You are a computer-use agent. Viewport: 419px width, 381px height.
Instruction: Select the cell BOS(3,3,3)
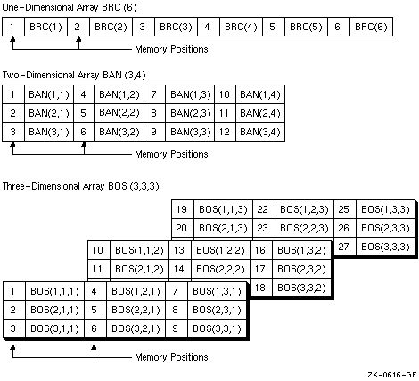tap(384, 246)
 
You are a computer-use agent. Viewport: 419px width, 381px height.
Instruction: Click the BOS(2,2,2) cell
tap(218, 268)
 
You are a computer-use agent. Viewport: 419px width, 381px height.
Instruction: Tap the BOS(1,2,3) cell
tap(301, 209)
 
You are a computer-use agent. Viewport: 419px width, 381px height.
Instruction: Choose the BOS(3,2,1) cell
tap(134, 328)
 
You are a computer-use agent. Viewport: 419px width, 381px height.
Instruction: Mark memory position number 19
tap(183, 209)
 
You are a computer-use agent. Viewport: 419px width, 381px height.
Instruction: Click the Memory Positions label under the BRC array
tap(171, 49)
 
